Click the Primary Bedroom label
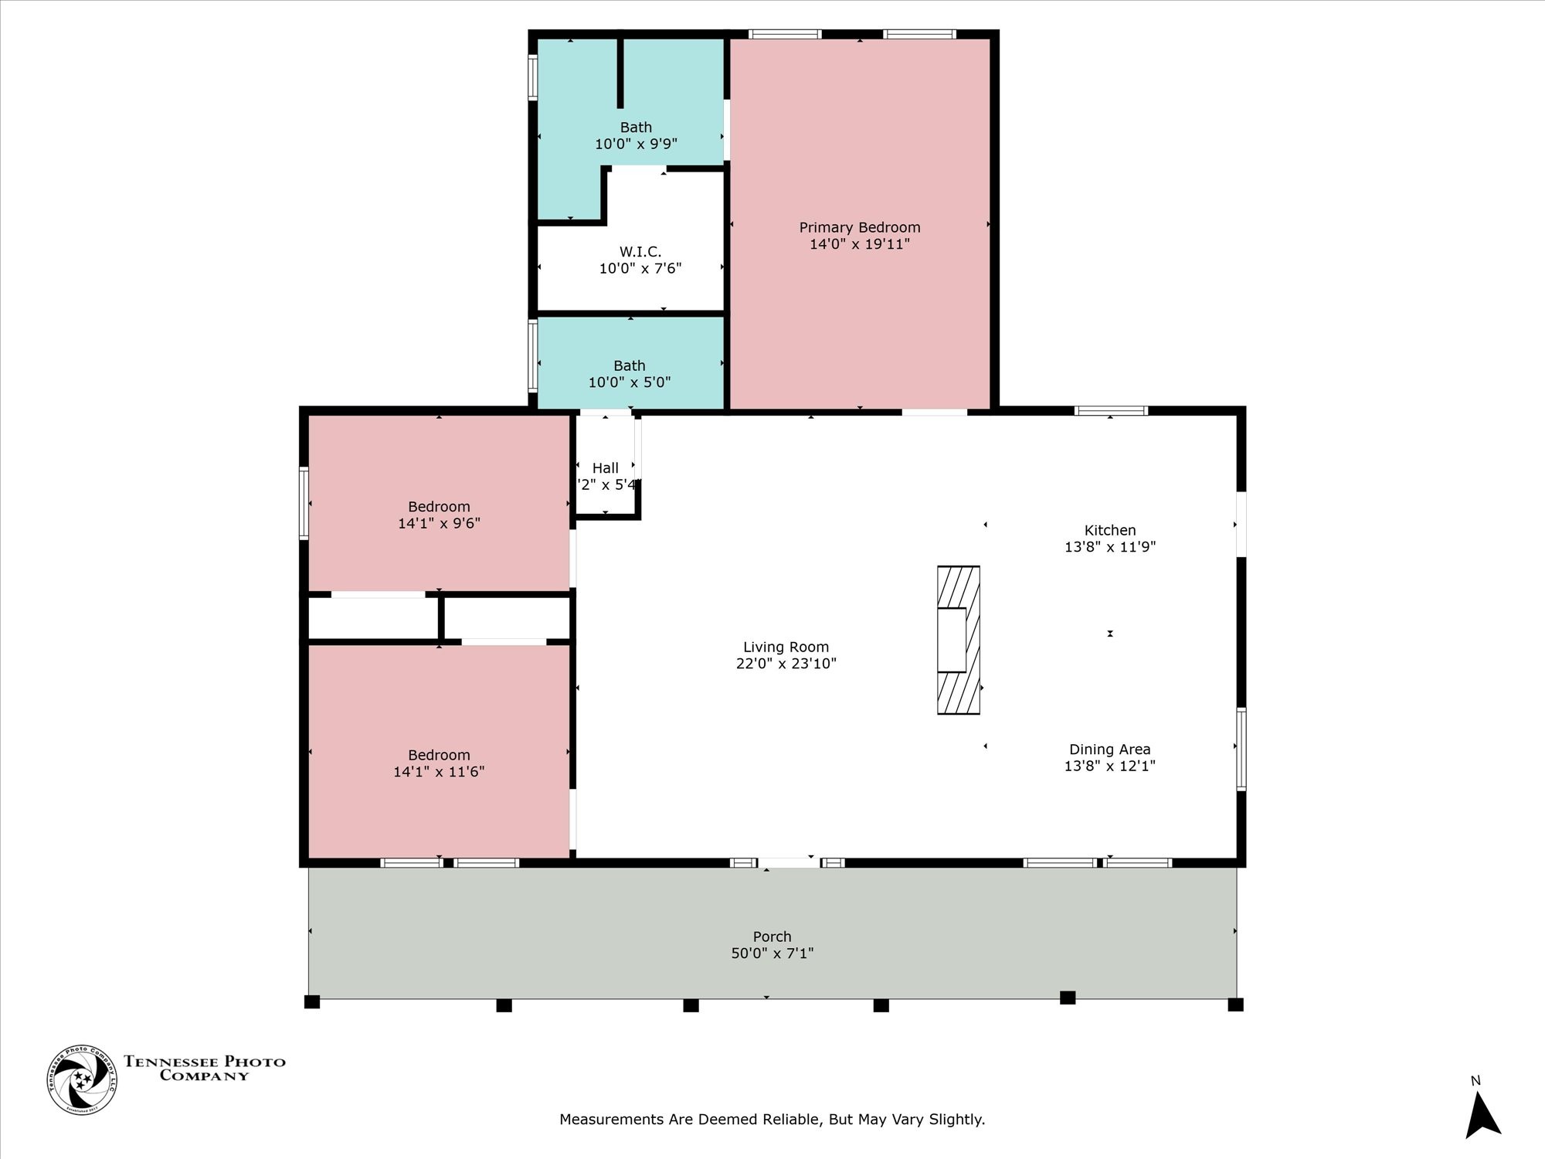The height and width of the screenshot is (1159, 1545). pyautogui.click(x=859, y=227)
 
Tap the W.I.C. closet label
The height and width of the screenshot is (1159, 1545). pyautogui.click(x=640, y=252)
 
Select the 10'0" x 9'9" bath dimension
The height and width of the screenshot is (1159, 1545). pyautogui.click(x=636, y=144)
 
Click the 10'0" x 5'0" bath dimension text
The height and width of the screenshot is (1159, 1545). pyautogui.click(x=629, y=382)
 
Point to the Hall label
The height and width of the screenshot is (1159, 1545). pyautogui.click(x=605, y=468)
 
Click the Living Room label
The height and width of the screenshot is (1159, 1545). pyautogui.click(x=786, y=647)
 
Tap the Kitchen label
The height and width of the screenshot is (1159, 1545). pyautogui.click(x=1109, y=530)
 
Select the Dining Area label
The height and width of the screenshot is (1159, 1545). pyautogui.click(x=1109, y=749)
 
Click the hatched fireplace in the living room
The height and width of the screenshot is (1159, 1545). pyautogui.click(x=959, y=640)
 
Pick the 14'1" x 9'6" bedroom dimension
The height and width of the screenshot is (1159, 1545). pyautogui.click(x=439, y=523)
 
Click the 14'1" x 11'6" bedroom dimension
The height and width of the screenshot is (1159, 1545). pyautogui.click(x=439, y=771)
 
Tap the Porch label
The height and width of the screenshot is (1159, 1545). pyautogui.click(x=772, y=936)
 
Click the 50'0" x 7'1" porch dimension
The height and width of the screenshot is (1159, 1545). pyautogui.click(x=772, y=953)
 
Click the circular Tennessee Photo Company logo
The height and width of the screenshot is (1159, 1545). pyautogui.click(x=82, y=1079)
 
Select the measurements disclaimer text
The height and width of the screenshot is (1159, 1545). pyautogui.click(x=772, y=1119)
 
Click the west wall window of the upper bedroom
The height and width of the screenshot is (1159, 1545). pyautogui.click(x=304, y=502)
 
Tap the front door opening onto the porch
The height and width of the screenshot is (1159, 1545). pyautogui.click(x=788, y=862)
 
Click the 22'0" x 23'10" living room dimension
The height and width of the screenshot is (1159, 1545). pyautogui.click(x=786, y=664)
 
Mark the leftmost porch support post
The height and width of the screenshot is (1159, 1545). pyautogui.click(x=312, y=1002)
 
